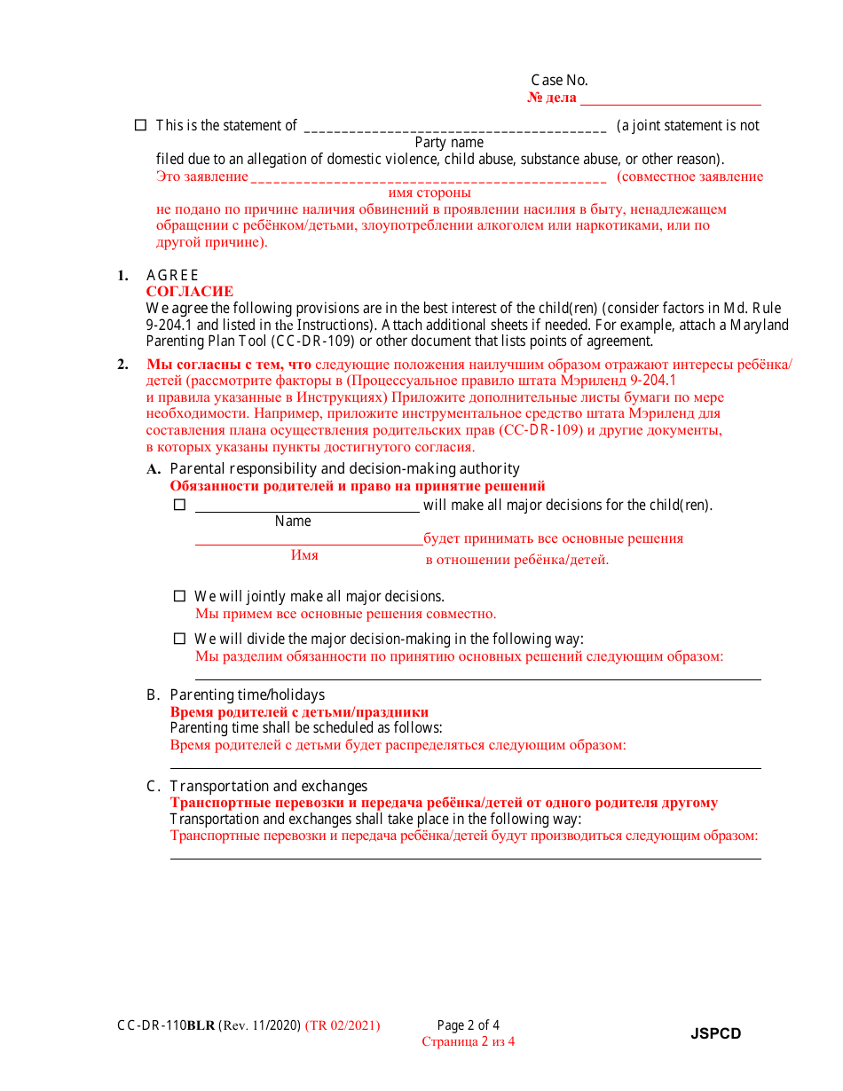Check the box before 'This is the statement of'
tap(140, 125)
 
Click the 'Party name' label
tap(449, 142)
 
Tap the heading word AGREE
tap(172, 275)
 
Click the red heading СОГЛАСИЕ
tap(190, 291)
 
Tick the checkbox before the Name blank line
tap(179, 505)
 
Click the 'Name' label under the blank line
tap(293, 522)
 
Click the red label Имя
tap(304, 555)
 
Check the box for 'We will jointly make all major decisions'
tap(179, 596)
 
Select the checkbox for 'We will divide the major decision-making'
tap(179, 638)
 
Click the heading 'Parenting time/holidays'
tap(248, 695)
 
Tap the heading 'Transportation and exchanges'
tap(268, 786)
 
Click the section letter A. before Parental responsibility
tap(154, 469)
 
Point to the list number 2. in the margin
tap(122, 365)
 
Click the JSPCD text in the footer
tap(716, 1033)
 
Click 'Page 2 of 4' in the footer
tap(469, 1025)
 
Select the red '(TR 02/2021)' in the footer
tap(343, 1025)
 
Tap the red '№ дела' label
tap(552, 98)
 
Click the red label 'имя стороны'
tap(429, 192)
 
